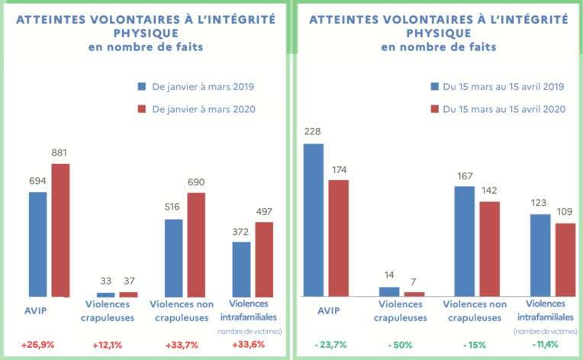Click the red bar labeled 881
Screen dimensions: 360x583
60,230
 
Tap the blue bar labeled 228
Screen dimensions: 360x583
313,220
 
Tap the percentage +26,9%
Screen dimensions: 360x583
38,345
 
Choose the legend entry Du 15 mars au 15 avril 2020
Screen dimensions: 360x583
504,109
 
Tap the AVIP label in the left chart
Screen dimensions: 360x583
36,311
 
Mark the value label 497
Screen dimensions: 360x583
264,212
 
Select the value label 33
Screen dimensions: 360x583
105,282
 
